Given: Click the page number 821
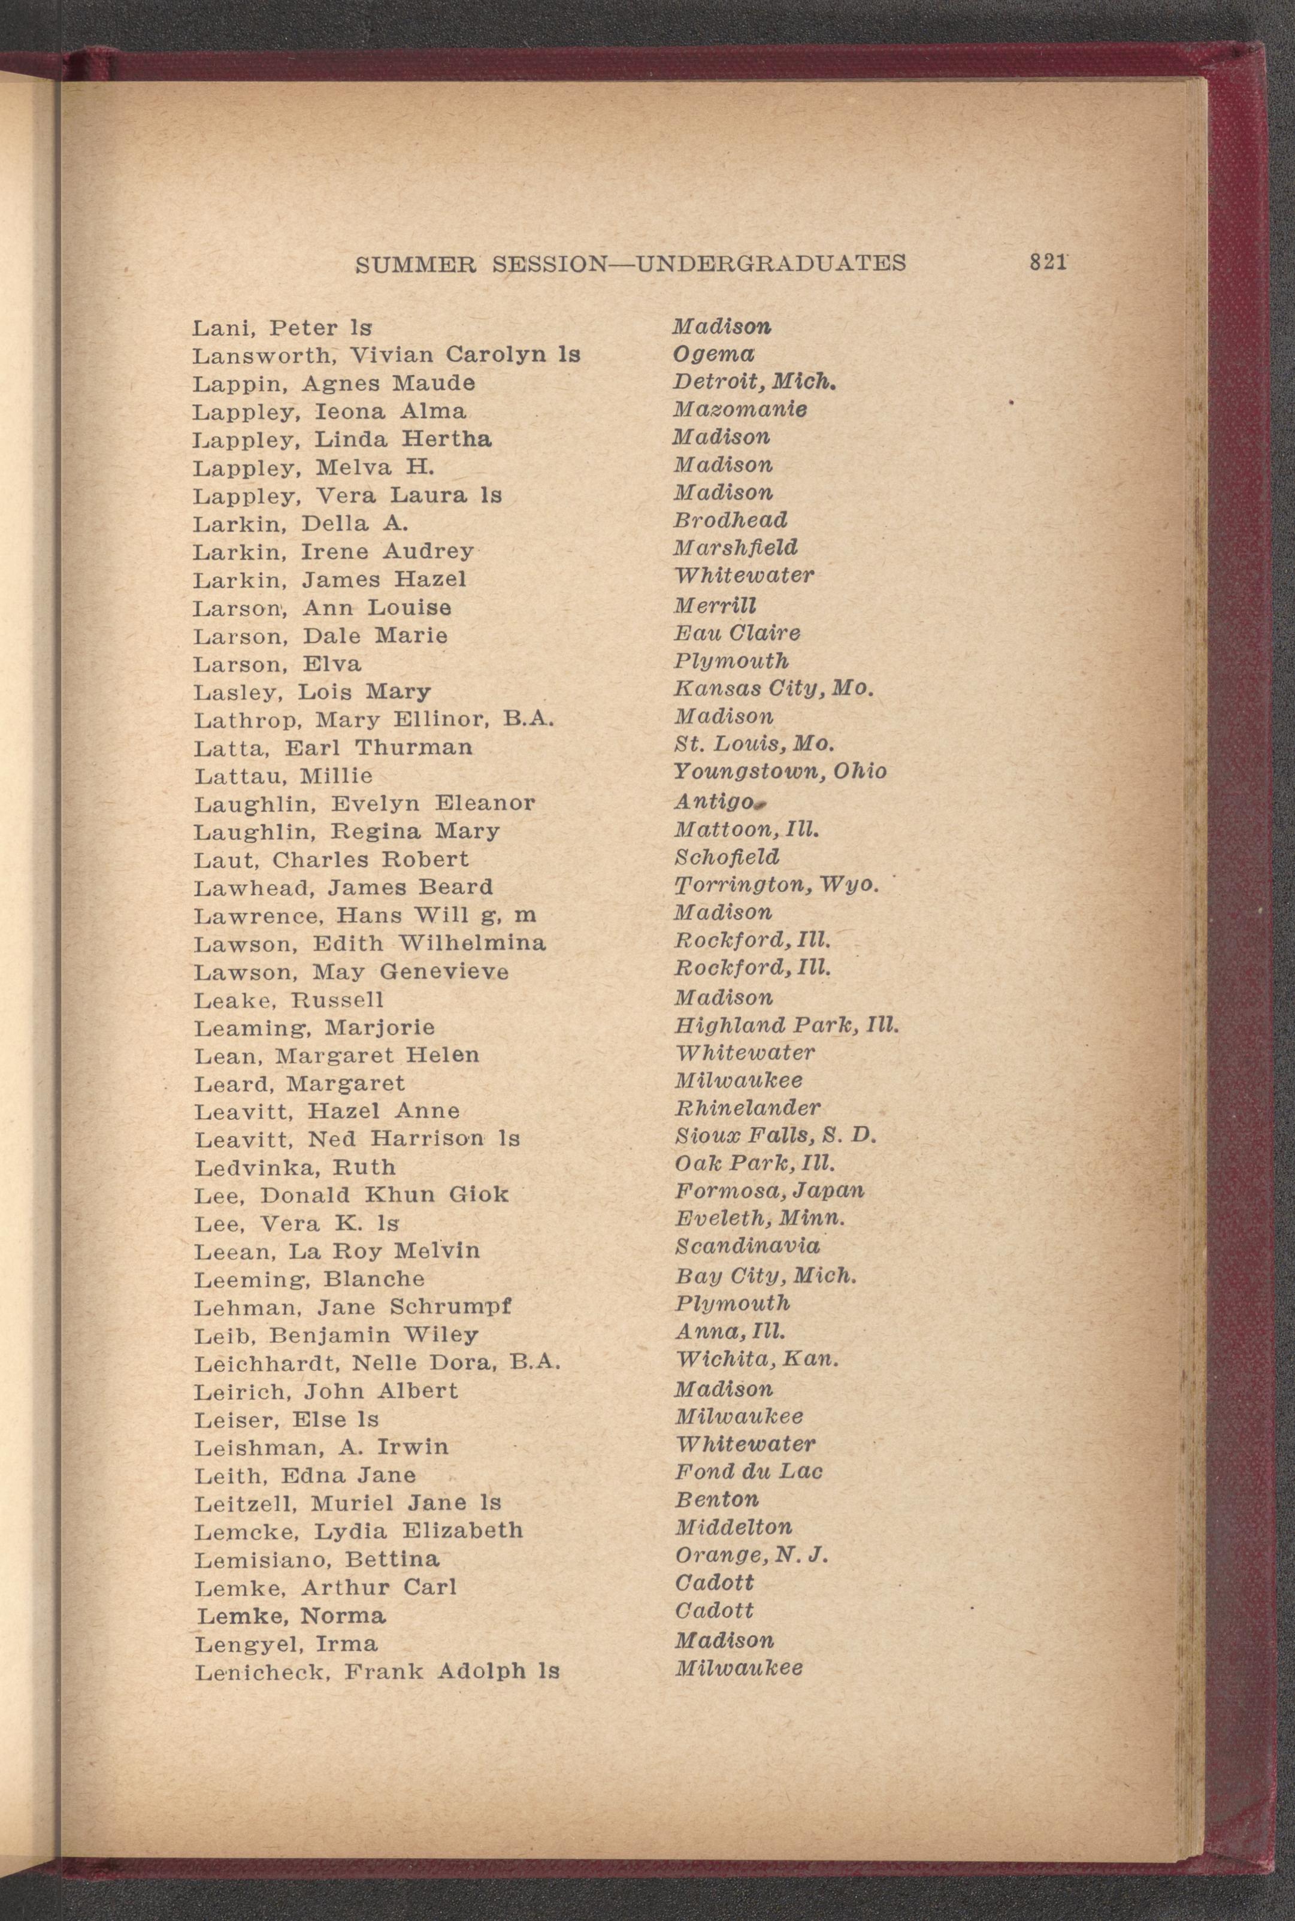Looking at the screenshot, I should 1047,262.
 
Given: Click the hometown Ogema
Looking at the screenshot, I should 713,354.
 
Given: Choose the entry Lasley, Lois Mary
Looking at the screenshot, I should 312,691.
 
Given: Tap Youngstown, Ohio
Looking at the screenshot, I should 780,772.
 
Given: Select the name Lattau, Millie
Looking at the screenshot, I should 283,776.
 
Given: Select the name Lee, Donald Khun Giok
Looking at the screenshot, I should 351,1195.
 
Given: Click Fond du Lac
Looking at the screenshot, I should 748,1471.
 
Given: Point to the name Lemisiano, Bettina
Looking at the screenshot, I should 316,1559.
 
